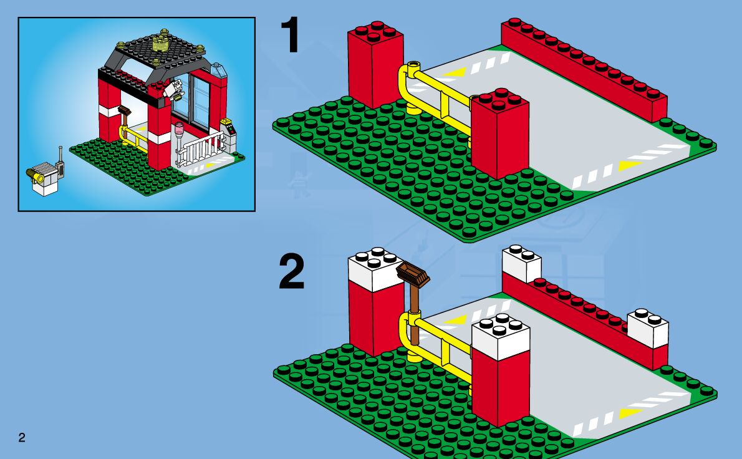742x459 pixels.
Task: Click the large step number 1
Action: point(290,36)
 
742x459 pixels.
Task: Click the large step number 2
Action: point(291,274)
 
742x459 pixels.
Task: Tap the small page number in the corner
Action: point(22,437)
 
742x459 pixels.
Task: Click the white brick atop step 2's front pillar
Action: point(500,337)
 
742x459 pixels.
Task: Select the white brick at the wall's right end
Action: point(648,327)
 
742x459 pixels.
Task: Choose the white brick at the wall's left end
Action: point(521,263)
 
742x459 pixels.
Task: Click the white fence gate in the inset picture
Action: point(201,150)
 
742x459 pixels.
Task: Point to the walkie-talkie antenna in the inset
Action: point(60,153)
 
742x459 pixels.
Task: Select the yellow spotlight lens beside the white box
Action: point(38,178)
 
